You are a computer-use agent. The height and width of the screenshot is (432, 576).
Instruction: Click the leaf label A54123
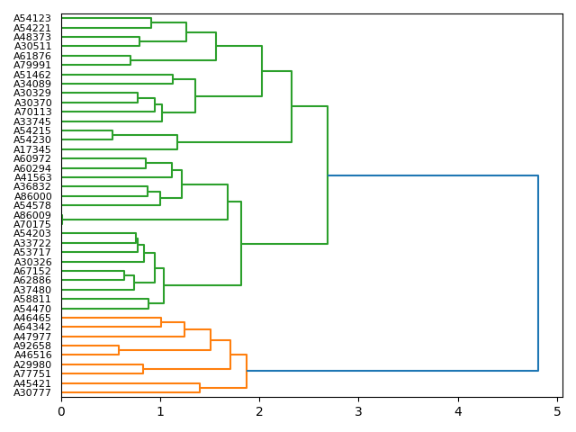pyautogui.click(x=32, y=18)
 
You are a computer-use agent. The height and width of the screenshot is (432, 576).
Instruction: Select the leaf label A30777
pyautogui.click(x=32, y=392)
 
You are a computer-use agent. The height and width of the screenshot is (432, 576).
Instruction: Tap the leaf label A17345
pyautogui.click(x=32, y=149)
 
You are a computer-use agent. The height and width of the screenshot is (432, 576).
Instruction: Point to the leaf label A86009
pyautogui.click(x=32, y=215)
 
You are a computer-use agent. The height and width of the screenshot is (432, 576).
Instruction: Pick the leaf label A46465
pyautogui.click(x=32, y=318)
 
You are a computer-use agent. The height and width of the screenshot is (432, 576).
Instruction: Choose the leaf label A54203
pyautogui.click(x=32, y=234)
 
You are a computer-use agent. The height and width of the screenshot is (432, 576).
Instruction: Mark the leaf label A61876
pyautogui.click(x=32, y=56)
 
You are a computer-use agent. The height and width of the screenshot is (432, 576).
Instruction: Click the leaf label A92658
pyautogui.click(x=32, y=346)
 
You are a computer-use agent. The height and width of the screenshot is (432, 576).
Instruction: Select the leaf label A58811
pyautogui.click(x=32, y=299)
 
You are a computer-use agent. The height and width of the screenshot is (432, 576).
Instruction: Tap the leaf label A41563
pyautogui.click(x=32, y=177)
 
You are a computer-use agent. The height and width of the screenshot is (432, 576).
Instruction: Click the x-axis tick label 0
pyautogui.click(x=61, y=412)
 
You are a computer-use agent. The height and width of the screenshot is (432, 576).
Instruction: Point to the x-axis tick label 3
pyautogui.click(x=358, y=412)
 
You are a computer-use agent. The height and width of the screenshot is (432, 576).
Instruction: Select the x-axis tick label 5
pyautogui.click(x=557, y=412)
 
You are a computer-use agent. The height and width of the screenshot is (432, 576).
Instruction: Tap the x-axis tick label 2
pyautogui.click(x=259, y=412)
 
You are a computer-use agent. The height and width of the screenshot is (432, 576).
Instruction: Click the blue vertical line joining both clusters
pyautogui.click(x=538, y=273)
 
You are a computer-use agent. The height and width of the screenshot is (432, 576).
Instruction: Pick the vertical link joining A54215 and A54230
pyautogui.click(x=112, y=135)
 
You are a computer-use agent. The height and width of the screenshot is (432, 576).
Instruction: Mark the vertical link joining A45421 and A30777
pyautogui.click(x=200, y=388)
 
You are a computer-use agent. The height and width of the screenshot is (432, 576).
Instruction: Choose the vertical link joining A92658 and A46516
pyautogui.click(x=119, y=350)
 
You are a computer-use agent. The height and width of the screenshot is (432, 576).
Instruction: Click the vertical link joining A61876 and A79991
pyautogui.click(x=130, y=60)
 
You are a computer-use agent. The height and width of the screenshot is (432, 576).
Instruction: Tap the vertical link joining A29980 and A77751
pyautogui.click(x=143, y=369)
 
